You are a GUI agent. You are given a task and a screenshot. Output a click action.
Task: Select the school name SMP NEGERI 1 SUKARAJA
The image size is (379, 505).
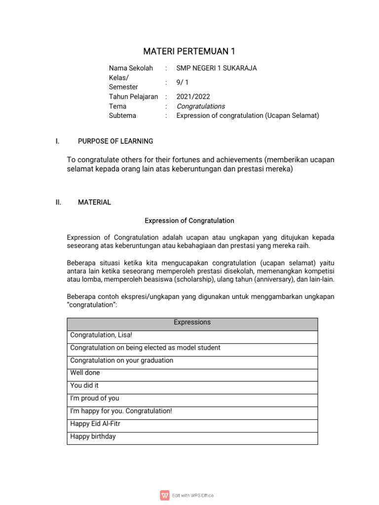tap(217, 68)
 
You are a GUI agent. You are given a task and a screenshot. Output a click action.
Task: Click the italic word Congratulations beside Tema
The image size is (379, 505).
tap(200, 106)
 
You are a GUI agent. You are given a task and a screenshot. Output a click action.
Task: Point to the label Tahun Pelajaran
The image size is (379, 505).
tap(133, 97)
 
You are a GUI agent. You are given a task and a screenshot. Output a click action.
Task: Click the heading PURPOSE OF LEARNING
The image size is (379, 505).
tap(115, 142)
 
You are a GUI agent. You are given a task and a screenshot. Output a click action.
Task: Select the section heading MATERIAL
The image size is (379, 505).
tap(94, 202)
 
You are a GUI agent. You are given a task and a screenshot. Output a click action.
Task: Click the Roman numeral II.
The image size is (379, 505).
tap(58, 202)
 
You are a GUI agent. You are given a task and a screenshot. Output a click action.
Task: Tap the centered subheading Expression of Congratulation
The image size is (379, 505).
tap(189, 220)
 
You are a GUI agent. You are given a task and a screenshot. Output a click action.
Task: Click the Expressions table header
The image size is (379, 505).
tap(192, 323)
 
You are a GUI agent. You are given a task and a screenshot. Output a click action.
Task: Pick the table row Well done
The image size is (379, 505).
tap(85, 373)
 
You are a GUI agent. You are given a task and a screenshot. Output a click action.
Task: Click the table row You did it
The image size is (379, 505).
tap(84, 386)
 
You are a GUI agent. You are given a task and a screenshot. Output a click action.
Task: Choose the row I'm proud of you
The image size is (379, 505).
tap(95, 398)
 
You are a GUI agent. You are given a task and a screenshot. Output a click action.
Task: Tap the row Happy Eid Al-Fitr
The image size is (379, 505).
tap(95, 424)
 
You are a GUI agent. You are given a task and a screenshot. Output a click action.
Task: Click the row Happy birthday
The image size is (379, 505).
tap(93, 436)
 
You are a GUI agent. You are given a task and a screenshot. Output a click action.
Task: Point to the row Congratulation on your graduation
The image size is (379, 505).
tap(122, 361)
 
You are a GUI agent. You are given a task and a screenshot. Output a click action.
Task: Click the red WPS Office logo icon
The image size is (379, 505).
tap(164, 495)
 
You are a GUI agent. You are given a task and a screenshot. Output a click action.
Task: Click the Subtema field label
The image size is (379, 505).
tap(122, 116)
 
